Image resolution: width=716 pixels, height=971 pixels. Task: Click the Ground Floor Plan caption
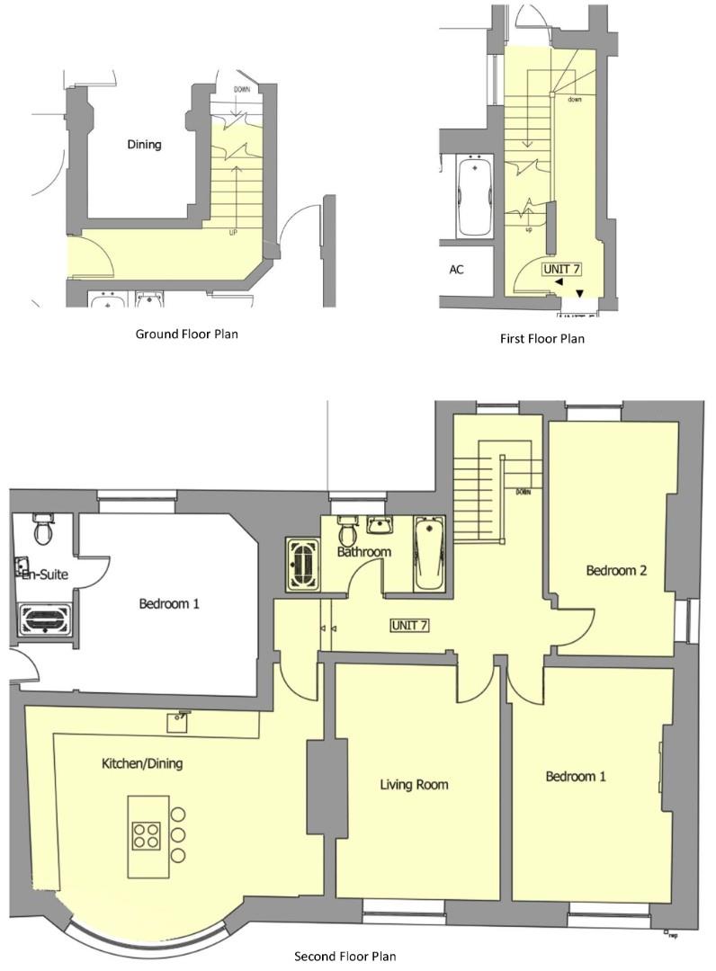(186, 334)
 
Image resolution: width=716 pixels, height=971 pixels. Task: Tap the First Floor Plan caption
(541, 339)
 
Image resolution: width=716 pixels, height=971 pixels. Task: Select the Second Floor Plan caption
(345, 956)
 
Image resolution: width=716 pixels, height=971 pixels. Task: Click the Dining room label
(144, 144)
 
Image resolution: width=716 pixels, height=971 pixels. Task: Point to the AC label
(456, 270)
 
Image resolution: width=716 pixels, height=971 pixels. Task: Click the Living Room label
(414, 785)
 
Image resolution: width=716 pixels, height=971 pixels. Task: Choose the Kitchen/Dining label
(141, 763)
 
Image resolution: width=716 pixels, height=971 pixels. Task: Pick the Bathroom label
(364, 551)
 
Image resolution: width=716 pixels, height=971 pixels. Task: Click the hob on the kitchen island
(146, 835)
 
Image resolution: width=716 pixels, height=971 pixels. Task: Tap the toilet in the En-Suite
(40, 530)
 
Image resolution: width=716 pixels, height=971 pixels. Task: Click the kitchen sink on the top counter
(183, 717)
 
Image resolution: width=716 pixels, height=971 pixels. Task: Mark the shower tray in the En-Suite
(40, 620)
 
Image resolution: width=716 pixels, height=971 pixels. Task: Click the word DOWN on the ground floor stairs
(242, 90)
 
